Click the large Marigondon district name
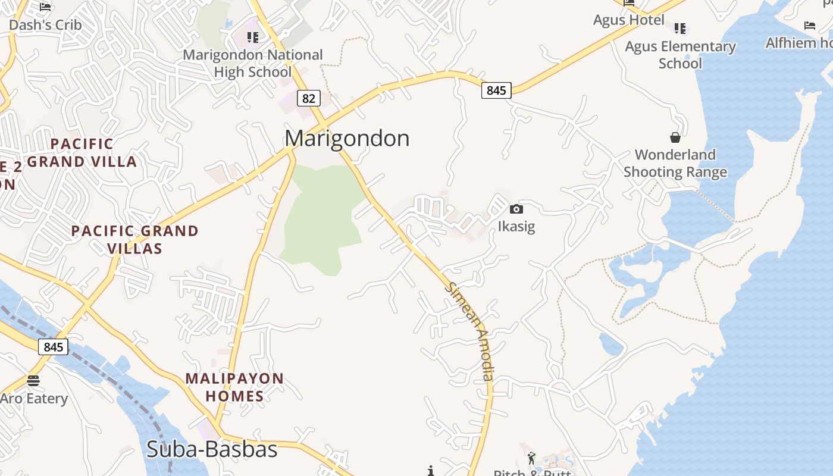coord(347,139)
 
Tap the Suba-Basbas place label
coord(212,449)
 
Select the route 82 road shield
coord(308,98)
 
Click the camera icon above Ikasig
coord(516,209)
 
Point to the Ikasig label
coord(516,227)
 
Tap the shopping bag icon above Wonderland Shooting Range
coord(675,137)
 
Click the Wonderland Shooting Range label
coord(675,164)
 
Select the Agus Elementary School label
coord(680,55)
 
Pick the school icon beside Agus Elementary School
coord(680,28)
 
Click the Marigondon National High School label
coord(253,63)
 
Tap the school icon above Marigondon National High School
coord(253,37)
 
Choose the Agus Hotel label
coord(628,20)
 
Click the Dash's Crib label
coord(45,25)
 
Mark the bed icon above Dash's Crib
coord(45,7)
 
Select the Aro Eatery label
coord(34,399)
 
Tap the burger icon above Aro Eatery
coord(33,380)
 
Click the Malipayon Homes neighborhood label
coord(234,387)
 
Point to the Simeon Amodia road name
coord(471,331)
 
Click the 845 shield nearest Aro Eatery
coord(53,347)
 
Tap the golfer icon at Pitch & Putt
coord(531,458)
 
